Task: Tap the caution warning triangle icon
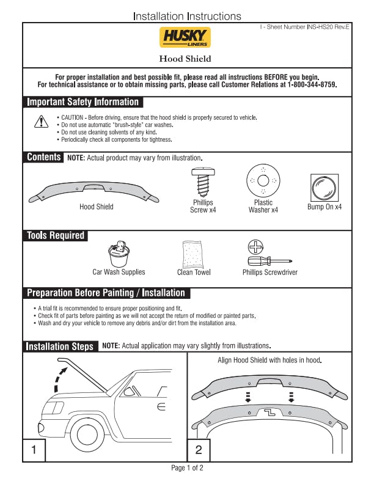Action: pos(40,122)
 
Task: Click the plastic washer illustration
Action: pos(263,181)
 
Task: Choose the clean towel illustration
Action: pos(193,254)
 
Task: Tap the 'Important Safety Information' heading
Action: pos(82,102)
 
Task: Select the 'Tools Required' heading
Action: pos(56,235)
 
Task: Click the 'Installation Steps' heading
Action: pos(60,346)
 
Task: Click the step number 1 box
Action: pos(34,450)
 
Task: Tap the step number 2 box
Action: pos(199,450)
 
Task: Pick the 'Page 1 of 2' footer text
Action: pos(187,468)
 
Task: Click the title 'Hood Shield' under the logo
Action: pos(185,59)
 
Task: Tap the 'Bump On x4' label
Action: pos(324,207)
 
